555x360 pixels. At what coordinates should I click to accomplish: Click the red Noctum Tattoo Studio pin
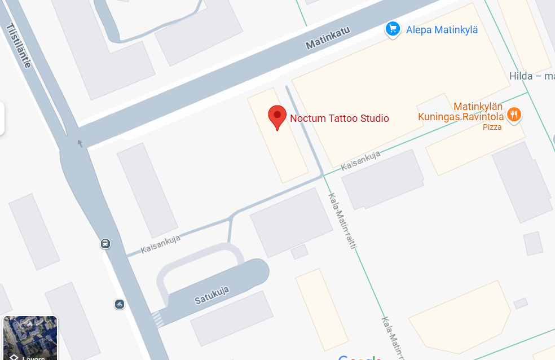[x=276, y=117]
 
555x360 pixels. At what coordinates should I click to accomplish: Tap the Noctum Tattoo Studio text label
[x=339, y=118]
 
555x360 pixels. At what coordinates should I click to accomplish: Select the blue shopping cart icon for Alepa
[x=393, y=29]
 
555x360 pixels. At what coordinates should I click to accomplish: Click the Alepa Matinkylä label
[x=442, y=30]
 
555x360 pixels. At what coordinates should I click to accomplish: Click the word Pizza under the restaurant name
[x=492, y=128]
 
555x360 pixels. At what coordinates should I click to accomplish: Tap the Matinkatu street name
[x=328, y=38]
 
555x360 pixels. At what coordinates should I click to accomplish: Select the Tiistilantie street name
[x=19, y=46]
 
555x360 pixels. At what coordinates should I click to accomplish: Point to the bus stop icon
[x=105, y=244]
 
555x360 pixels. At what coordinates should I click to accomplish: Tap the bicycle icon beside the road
[x=119, y=304]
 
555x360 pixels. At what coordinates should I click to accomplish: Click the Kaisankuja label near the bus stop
[x=160, y=244]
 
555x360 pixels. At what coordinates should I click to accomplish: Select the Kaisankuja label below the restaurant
[x=361, y=161]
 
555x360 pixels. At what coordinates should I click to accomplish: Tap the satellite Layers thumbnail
[x=30, y=337]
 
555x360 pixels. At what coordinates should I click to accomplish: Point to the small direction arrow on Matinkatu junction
[x=80, y=143]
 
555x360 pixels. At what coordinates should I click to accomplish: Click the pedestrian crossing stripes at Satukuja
[x=158, y=320]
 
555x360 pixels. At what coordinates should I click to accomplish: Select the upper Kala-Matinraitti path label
[x=344, y=222]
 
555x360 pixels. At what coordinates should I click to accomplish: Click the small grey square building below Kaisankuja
[x=299, y=251]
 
